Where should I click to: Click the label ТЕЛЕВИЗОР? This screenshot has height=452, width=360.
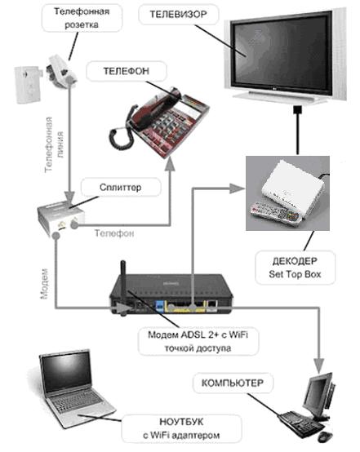pos(178,15)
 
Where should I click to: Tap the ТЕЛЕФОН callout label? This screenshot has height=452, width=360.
pos(127,71)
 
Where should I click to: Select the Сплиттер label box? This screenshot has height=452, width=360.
pos(121,187)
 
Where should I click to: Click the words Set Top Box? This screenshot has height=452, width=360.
pos(295,274)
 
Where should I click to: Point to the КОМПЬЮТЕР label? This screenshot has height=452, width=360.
pos(233,383)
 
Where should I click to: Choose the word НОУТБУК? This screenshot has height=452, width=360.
pos(181,422)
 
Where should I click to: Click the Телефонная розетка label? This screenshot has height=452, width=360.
pos(82,18)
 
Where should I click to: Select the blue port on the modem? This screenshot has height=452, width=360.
pos(159,306)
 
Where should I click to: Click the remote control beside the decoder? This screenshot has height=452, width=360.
pos(275,213)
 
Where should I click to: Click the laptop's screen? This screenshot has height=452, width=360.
pos(66,372)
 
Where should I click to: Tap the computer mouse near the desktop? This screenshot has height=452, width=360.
pos(325,437)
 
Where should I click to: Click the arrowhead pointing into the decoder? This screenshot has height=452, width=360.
pos(237,188)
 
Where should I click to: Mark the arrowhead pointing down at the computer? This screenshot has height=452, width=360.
pos(318,366)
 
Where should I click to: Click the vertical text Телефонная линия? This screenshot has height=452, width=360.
pos(54,144)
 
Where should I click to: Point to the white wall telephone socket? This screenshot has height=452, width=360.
pos(28,84)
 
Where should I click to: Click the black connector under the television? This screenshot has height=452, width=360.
pos(297,109)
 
